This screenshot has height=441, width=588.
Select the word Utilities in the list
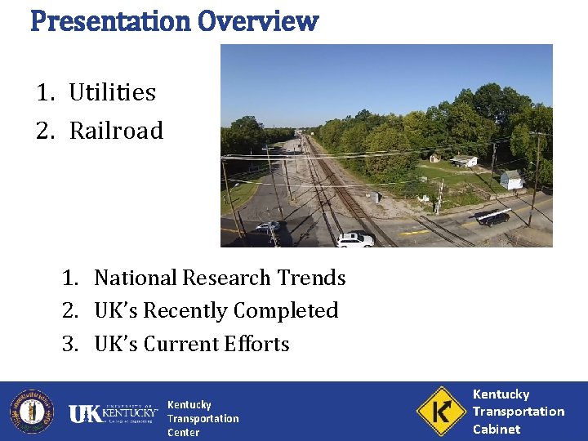click(112, 92)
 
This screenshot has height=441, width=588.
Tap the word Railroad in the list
click(116, 131)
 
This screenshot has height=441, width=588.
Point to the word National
click(136, 278)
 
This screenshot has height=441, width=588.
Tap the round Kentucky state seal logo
click(31, 411)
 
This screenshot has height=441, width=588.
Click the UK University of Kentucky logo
click(113, 412)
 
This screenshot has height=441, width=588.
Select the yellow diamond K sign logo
click(440, 411)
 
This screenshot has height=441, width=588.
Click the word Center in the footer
click(183, 433)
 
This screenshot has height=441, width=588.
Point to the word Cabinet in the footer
click(496, 429)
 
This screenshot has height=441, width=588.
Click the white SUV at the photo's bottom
click(355, 239)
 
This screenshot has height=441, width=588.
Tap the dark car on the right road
click(492, 217)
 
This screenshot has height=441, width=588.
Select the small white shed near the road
click(510, 180)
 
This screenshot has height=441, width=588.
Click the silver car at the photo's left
click(267, 226)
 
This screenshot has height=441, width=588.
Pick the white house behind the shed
click(464, 161)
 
